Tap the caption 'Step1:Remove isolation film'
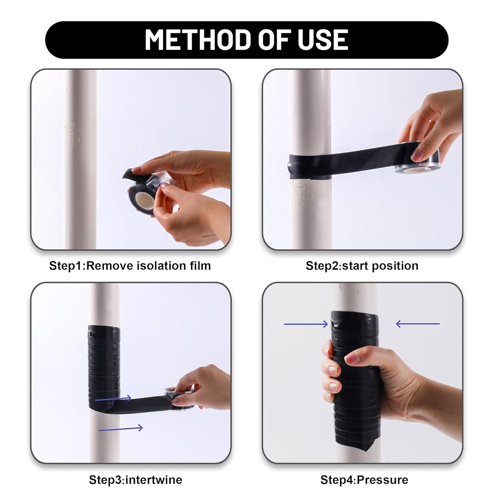[x=130, y=266]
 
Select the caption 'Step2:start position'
[x=362, y=266]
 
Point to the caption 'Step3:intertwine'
[x=135, y=480]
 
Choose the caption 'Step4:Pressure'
[x=364, y=480]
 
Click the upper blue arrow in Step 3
[x=113, y=398]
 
